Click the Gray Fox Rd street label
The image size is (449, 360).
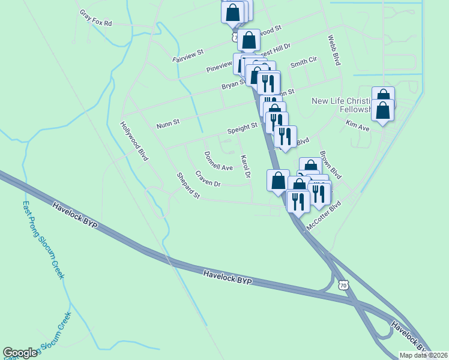(96, 18)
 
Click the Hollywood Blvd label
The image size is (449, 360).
(134, 142)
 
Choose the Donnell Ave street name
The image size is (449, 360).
(218, 161)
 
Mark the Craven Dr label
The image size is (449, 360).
(208, 179)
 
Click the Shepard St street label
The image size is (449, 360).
(188, 185)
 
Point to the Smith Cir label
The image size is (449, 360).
(303, 62)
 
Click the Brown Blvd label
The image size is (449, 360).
(330, 165)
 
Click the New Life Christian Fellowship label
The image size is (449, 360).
(342, 106)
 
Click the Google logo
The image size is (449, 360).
(20, 353)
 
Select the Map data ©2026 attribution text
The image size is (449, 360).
(423, 355)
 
